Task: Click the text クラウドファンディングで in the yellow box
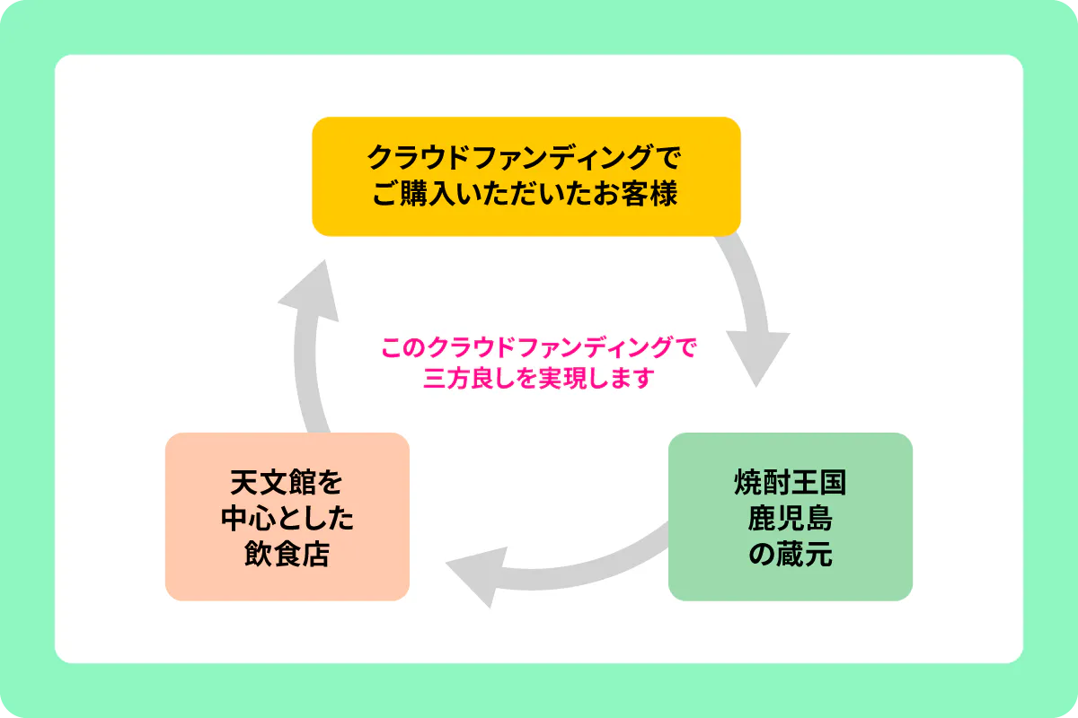(526, 159)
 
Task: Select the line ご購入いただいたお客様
(526, 194)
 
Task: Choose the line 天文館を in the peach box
(287, 485)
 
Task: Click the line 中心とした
(287, 520)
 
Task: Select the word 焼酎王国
(790, 485)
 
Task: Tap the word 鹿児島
(790, 520)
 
